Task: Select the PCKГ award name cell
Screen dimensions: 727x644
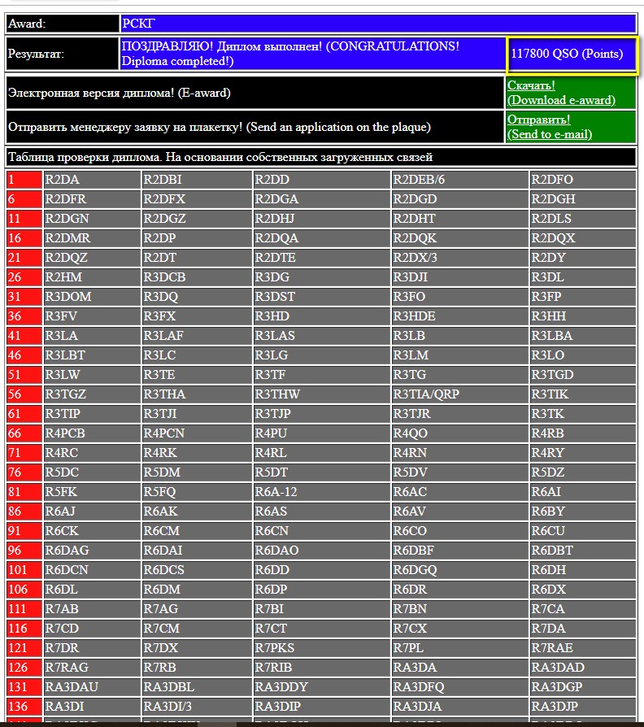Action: (377, 24)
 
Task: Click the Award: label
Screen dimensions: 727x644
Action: (62, 24)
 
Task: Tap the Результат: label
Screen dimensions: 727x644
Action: (62, 54)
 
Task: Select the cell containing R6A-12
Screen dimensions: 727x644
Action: (321, 492)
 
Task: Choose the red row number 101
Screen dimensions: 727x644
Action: (24, 570)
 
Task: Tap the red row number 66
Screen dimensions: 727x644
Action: (24, 433)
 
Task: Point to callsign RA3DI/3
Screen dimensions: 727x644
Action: (196, 706)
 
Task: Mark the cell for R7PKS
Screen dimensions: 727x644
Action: (321, 648)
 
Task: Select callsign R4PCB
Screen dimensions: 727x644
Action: (92, 433)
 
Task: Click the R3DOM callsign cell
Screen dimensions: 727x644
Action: (92, 297)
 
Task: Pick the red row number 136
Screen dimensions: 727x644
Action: (24, 706)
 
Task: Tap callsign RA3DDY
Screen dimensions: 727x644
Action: (321, 687)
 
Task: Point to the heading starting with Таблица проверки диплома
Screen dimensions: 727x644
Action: (320, 157)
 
